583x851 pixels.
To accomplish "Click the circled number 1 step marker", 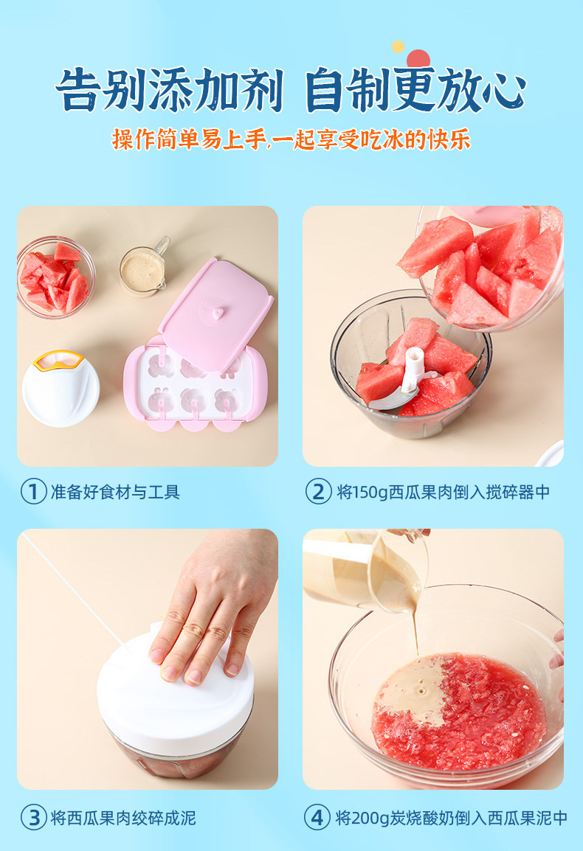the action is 33,492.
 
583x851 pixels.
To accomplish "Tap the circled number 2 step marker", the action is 318,492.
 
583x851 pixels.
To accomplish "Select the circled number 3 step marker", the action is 34,817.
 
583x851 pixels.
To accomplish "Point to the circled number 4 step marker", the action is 317,817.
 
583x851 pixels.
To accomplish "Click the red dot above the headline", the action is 418,58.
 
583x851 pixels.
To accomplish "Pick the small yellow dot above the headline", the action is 399,46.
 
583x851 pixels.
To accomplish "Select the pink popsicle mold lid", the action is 215,315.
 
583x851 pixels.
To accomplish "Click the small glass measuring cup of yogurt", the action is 144,268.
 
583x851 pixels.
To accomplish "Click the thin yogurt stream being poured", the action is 415,631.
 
